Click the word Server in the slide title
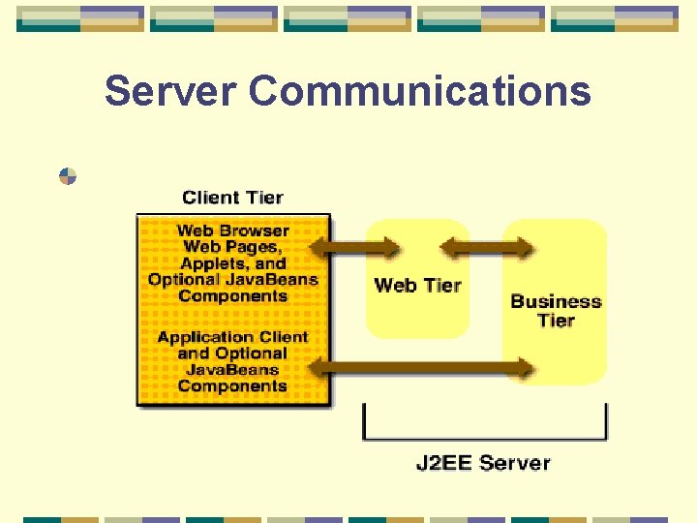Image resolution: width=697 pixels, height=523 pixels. tap(169, 91)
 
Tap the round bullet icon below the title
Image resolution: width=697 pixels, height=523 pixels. tap(68, 176)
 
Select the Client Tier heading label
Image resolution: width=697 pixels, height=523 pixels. tap(232, 198)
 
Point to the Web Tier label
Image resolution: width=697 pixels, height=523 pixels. tap(417, 285)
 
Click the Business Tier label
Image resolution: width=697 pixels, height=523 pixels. tap(556, 311)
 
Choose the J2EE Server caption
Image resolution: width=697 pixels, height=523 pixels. tap(483, 462)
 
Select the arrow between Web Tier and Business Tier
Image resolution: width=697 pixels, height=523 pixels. tap(486, 249)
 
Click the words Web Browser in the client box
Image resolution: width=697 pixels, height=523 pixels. tap(232, 231)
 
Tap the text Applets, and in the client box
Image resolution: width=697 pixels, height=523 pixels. tap(233, 263)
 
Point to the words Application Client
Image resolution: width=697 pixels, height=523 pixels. tap(232, 337)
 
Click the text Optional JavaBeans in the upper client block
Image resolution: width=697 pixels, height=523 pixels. tap(232, 280)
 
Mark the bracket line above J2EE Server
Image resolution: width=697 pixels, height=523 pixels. tap(484, 438)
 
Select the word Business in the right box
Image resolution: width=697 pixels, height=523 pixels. tap(556, 301)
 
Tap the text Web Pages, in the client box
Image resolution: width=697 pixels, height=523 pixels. tap(232, 247)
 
